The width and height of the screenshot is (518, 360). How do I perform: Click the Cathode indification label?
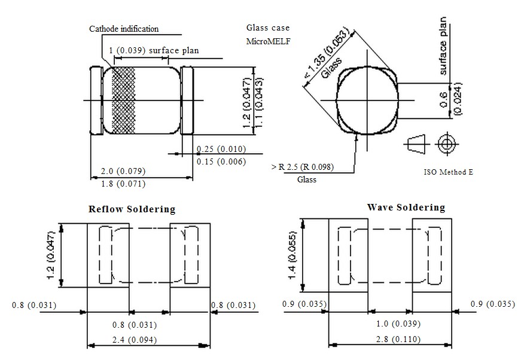(124, 29)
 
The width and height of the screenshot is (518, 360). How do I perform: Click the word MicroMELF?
(267, 42)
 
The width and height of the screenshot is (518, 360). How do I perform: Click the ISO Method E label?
(448, 172)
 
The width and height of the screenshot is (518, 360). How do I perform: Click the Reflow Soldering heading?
(132, 209)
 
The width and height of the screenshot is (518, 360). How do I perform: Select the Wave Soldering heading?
(406, 208)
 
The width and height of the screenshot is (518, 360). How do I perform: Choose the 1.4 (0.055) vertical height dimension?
(291, 255)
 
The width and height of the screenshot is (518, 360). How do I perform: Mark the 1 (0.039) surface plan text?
(154, 51)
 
